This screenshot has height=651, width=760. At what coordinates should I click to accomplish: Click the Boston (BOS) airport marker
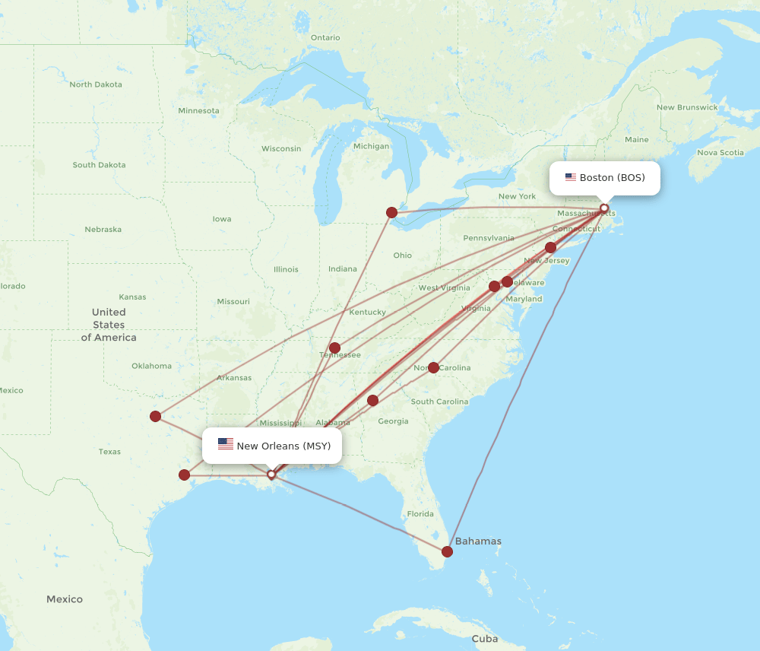point(604,208)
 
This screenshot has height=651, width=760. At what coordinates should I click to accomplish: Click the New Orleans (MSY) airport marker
point(271,475)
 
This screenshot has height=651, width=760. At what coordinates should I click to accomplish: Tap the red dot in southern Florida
point(447,551)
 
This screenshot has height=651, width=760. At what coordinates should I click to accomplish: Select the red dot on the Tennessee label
point(334,348)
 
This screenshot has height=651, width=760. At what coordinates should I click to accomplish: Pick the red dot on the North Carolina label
point(433,367)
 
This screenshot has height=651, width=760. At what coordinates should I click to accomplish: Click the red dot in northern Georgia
point(372,400)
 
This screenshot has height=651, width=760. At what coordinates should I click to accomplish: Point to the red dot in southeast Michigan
point(391,212)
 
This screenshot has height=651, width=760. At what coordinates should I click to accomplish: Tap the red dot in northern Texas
point(155,416)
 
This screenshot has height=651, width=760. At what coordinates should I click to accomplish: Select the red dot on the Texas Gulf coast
point(184,475)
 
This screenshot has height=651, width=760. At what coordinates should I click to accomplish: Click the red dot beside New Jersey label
point(550,247)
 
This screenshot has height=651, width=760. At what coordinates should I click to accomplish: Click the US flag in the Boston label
point(570,178)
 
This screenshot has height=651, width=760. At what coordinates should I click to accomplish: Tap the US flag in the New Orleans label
point(226,445)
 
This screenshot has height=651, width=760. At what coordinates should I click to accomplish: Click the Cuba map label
point(484,639)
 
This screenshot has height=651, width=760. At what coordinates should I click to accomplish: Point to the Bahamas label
point(478,541)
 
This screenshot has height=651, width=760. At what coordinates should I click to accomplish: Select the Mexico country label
point(65,599)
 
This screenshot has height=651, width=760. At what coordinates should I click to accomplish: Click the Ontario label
point(325,37)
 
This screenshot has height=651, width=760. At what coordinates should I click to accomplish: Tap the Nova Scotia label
point(720,152)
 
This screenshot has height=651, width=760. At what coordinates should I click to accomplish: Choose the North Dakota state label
point(96,84)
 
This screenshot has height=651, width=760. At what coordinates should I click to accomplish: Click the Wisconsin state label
point(281,148)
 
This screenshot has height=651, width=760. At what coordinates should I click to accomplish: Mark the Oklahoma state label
point(151,366)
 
